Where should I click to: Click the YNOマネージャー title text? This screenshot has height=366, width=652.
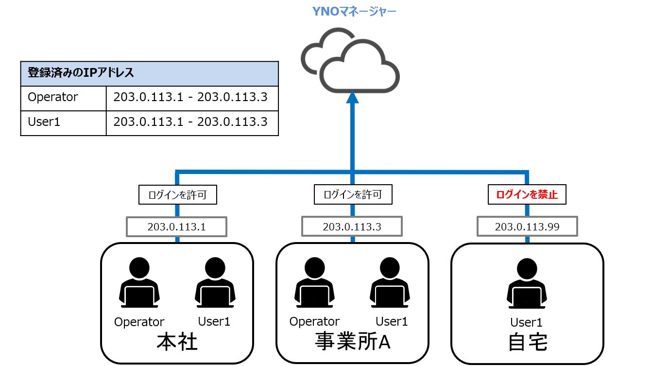pyautogui.click(x=354, y=10)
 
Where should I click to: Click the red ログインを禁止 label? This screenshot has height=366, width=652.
pyautogui.click(x=527, y=195)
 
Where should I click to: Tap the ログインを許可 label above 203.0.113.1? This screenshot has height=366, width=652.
pyautogui.click(x=177, y=195)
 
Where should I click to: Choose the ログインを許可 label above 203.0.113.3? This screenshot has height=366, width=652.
pyautogui.click(x=353, y=195)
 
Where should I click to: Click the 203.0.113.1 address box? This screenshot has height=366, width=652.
pyautogui.click(x=177, y=226)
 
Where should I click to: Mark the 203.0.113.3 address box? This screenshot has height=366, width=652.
pyautogui.click(x=352, y=226)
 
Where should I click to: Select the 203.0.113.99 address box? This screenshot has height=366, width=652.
pyautogui.click(x=527, y=227)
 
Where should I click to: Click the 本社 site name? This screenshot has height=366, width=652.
pyautogui.click(x=177, y=342)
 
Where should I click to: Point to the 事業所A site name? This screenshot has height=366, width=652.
pyautogui.click(x=353, y=342)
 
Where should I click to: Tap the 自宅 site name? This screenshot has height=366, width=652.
pyautogui.click(x=528, y=342)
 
